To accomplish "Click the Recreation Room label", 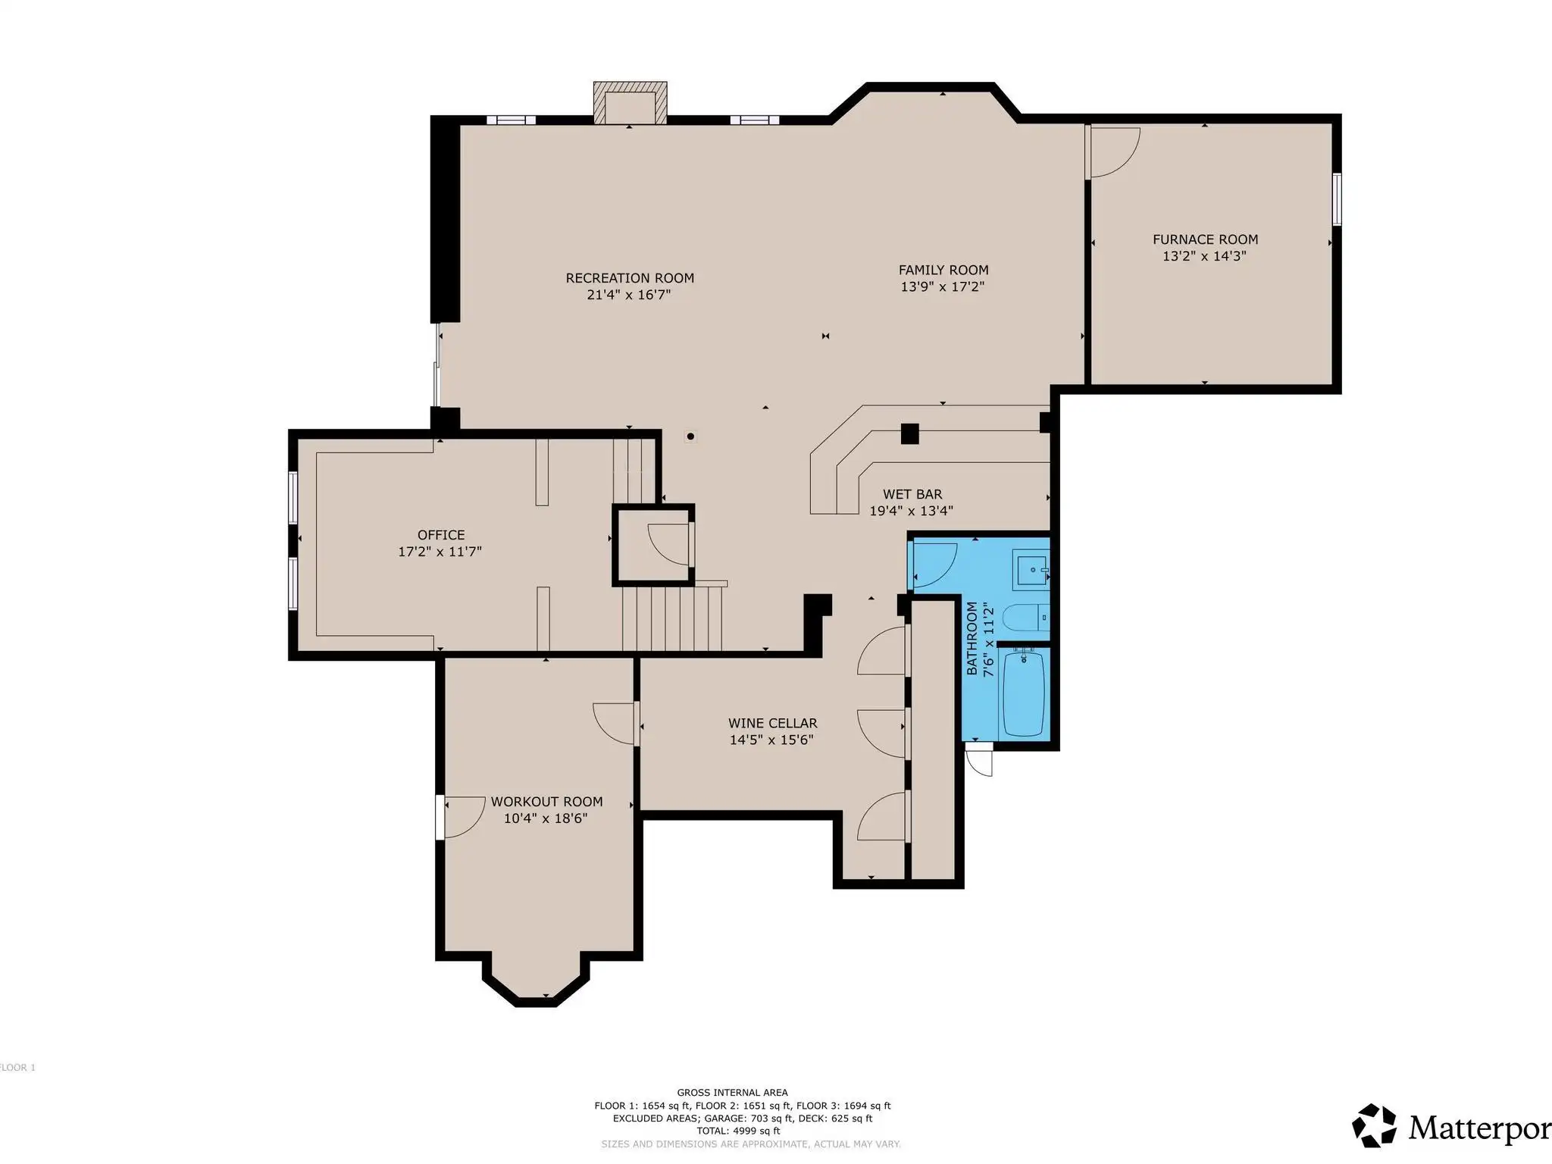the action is pos(630,278).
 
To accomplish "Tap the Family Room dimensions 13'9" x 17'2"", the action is pos(943,286).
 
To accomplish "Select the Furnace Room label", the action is pos(1205,239).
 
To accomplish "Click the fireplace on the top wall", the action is pos(630,102).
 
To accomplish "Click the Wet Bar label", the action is pos(912,494).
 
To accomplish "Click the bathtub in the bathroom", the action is pos(1024,693).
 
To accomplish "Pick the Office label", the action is pos(441,535).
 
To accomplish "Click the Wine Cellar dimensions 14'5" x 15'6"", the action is pos(771,740).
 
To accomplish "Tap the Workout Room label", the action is pos(546,802).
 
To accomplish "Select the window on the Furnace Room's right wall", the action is pos(1338,199).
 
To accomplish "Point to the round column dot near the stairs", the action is pos(690,436).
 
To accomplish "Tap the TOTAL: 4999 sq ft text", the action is pos(738,1131).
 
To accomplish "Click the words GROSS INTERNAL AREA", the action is pos(732,1093).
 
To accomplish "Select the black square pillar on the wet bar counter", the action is pos(909,433).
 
